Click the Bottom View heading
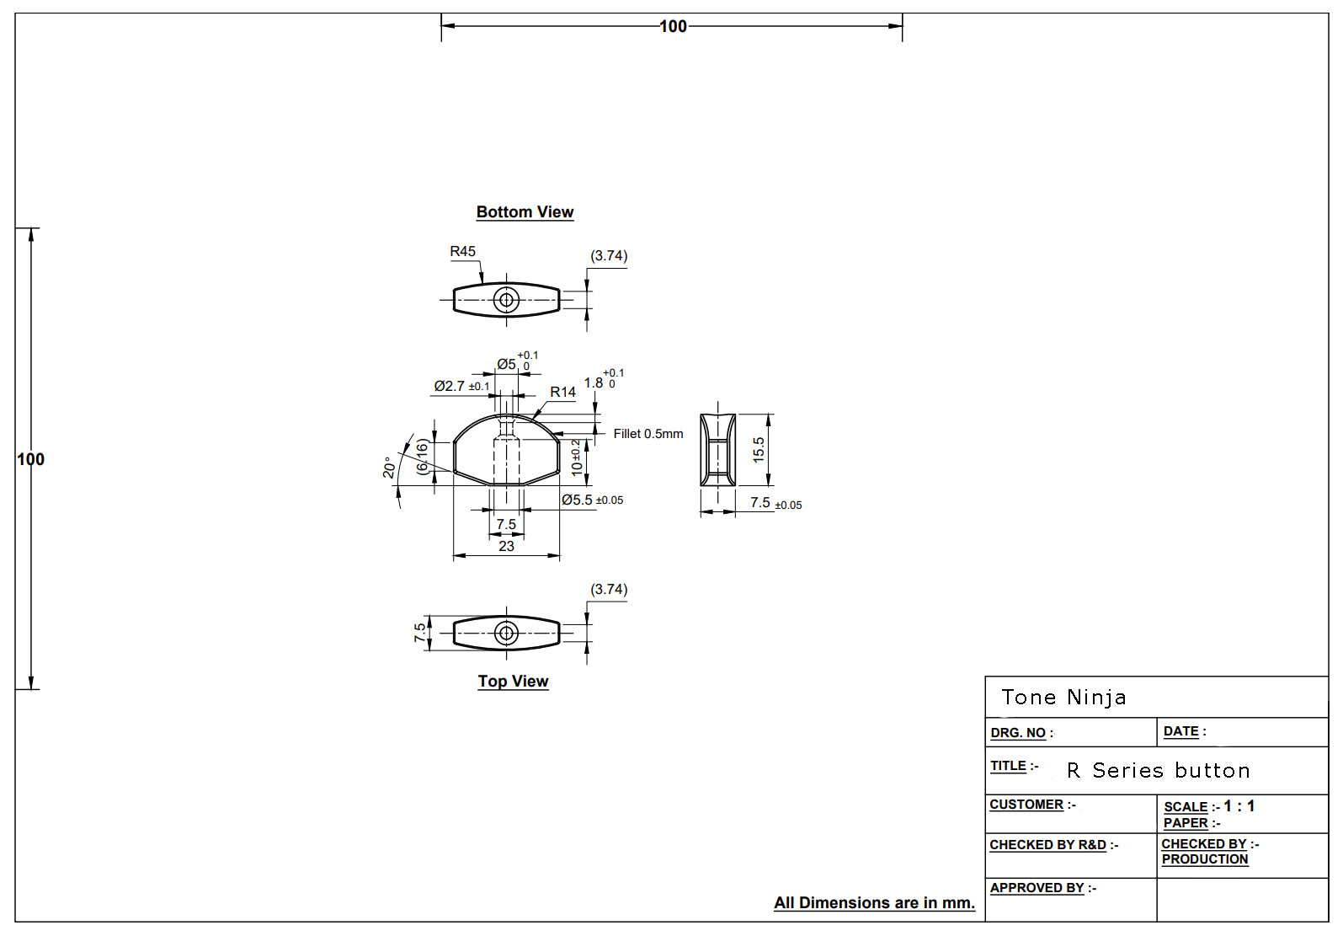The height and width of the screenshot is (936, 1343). click(x=525, y=212)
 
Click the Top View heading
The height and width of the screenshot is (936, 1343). click(x=513, y=682)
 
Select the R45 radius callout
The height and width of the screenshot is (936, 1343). click(x=462, y=251)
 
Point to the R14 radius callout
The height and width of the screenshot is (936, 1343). click(x=562, y=392)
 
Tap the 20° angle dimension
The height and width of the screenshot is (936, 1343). click(x=389, y=468)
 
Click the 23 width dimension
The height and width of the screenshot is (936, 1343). click(x=506, y=546)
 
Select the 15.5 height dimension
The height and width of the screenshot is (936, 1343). click(x=759, y=449)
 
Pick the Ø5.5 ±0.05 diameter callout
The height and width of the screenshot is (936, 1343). click(x=592, y=500)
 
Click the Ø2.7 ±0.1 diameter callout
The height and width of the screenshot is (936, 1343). click(x=461, y=386)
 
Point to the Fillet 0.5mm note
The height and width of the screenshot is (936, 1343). click(x=648, y=434)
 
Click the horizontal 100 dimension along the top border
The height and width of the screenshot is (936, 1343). click(x=673, y=26)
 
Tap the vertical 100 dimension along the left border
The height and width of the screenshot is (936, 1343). click(x=30, y=459)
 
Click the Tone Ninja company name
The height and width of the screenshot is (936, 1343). click(x=1063, y=698)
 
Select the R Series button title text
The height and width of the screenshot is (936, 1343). click(x=1158, y=771)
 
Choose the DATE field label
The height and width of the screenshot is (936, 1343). click(x=1183, y=731)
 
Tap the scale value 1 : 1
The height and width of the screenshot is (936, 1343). click(x=1239, y=806)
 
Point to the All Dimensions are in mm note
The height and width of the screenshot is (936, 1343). click(x=874, y=903)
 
